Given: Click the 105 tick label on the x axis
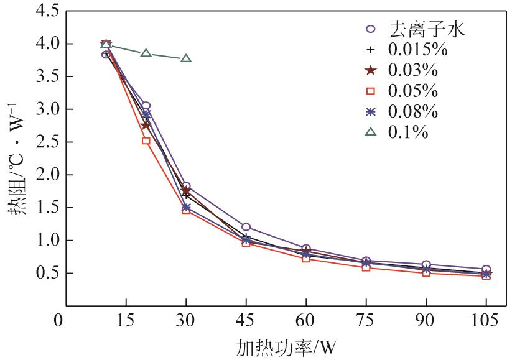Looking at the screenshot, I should pos(486,321).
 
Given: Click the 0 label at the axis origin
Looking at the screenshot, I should pos(59,321).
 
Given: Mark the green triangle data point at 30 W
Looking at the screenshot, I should pos(186,58).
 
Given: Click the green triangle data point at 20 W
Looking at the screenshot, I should pos(146,53).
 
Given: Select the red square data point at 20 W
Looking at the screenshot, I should pos(146,141).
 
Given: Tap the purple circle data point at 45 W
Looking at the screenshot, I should pos(246,227).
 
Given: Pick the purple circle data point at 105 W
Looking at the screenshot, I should pos(486,269).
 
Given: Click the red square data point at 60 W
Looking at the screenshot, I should pos(306,258).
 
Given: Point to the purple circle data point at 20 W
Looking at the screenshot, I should pos(146,106).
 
